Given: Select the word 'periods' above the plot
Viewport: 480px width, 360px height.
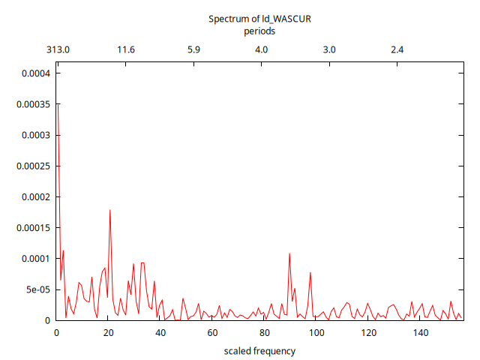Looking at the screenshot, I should pyautogui.click(x=259, y=31).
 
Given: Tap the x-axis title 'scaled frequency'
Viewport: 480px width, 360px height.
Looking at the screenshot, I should pyautogui.click(x=259, y=351).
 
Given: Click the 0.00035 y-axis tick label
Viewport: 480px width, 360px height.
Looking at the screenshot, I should pyautogui.click(x=32, y=104).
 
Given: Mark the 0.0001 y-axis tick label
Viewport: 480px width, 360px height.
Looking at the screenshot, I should pyautogui.click(x=34, y=259).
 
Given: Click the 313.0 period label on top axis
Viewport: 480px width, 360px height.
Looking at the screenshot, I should pyautogui.click(x=58, y=49).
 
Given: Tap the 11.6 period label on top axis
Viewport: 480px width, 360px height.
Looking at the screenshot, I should pyautogui.click(x=126, y=49).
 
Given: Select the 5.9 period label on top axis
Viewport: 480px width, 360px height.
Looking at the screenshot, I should pyautogui.click(x=193, y=49).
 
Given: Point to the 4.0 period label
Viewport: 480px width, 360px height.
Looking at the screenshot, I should pyautogui.click(x=262, y=49).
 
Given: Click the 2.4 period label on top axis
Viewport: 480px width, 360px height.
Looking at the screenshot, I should pyautogui.click(x=397, y=49).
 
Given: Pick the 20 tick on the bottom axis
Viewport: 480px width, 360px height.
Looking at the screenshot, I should pyautogui.click(x=108, y=333).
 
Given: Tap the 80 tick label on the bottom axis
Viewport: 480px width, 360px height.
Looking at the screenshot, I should pyautogui.click(x=264, y=333).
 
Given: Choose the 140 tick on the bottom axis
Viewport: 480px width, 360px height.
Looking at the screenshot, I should pyautogui.click(x=421, y=333).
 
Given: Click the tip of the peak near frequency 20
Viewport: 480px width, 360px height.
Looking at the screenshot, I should pyautogui.click(x=110, y=210).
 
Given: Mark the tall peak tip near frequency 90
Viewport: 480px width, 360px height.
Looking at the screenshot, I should pyautogui.click(x=289, y=253).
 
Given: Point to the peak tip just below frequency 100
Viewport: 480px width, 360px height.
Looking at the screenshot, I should pyautogui.click(x=310, y=272).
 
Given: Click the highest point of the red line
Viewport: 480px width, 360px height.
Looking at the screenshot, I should pyautogui.click(x=58, y=105).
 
